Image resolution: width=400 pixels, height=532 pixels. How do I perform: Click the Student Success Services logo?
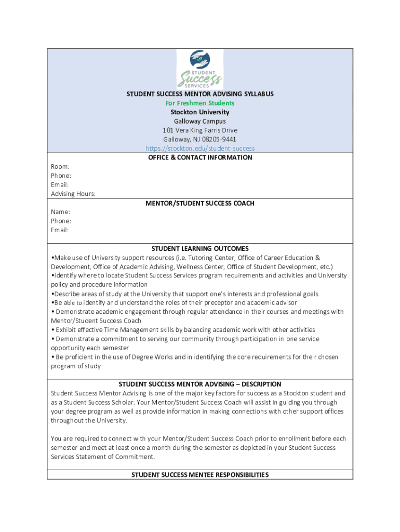pos(200,69)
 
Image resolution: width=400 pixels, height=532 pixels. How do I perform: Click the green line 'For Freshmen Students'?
pos(200,103)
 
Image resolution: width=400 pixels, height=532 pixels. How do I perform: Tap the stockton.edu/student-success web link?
pos(200,148)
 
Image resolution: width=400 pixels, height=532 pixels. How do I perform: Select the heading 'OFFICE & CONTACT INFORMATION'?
pos(200,157)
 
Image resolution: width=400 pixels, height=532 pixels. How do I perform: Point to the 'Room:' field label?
pos(60,167)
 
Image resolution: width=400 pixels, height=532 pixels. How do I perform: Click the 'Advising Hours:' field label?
pos(73,194)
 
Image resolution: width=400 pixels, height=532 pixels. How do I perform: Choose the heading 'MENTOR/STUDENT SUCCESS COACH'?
pos(200,203)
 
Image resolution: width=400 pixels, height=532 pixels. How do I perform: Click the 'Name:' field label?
pos(60,212)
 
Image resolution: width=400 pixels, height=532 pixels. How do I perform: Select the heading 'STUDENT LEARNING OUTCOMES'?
pos(200,248)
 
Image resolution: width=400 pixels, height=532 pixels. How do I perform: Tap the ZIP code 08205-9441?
pos(219,139)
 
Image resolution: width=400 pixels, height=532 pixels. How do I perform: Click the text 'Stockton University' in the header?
pos(200,112)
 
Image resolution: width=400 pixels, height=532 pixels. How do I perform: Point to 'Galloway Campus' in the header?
pos(200,121)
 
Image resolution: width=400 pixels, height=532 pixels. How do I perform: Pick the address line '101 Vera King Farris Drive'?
pos(200,130)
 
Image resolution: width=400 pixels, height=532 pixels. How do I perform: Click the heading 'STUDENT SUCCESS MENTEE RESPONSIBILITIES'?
pos(200,475)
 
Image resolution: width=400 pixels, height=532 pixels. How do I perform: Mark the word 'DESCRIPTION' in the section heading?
pos(260,384)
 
